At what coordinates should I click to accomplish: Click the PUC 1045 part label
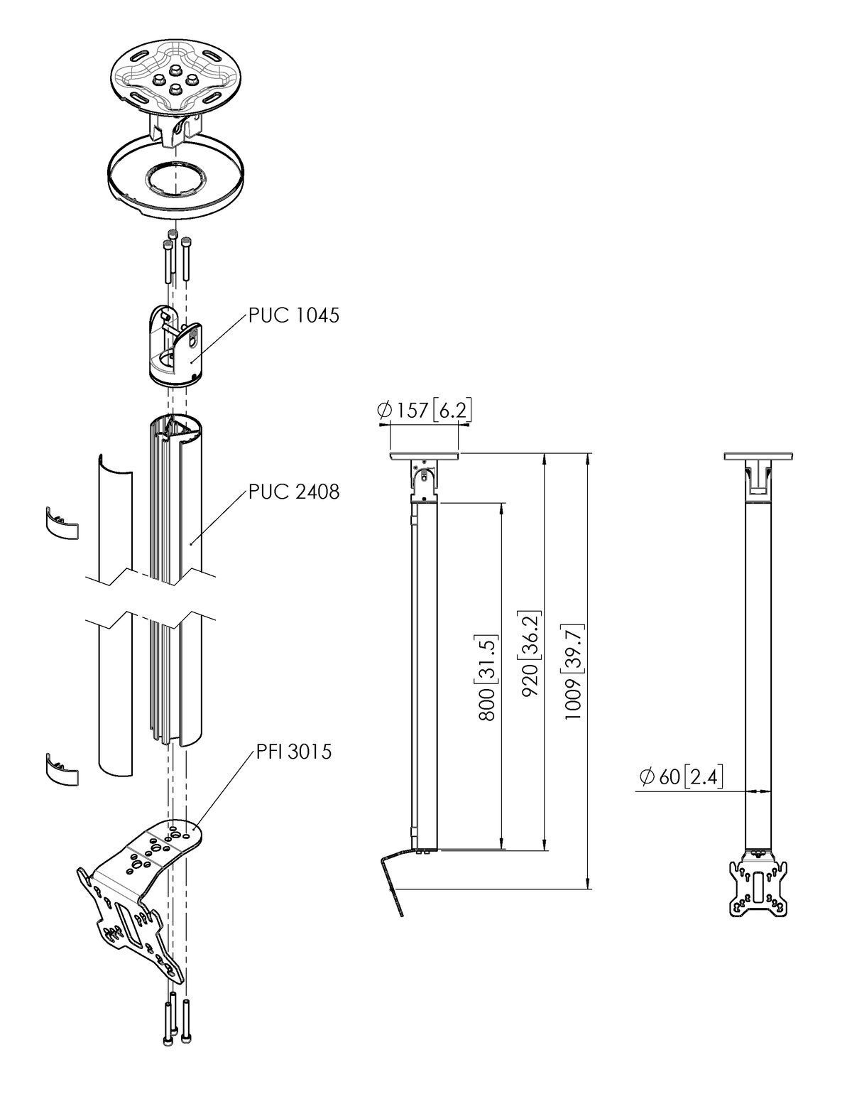pos(293,315)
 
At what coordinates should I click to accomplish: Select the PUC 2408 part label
pos(293,491)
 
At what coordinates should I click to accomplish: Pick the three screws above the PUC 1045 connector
pos(175,259)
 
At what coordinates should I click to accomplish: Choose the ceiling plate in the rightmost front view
pos(757,456)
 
